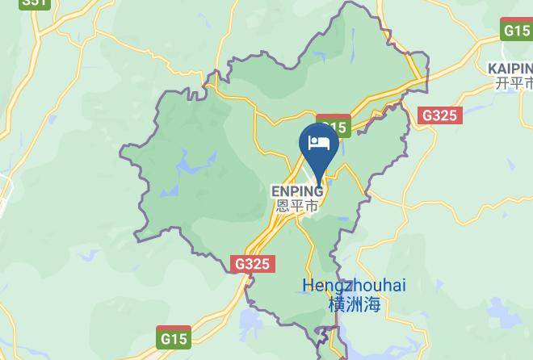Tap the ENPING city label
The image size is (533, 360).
296,191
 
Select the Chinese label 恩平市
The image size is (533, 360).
296,206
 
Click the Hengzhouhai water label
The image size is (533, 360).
354,286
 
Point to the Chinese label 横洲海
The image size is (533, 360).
354,304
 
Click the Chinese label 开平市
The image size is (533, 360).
514,83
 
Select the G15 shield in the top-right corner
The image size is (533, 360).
516,31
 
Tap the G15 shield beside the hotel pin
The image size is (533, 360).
334,128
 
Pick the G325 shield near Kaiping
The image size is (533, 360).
439,115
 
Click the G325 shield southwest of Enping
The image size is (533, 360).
254,264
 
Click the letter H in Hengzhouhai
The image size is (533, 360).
308,286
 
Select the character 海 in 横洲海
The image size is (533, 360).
371,304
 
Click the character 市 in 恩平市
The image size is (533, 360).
309,206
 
